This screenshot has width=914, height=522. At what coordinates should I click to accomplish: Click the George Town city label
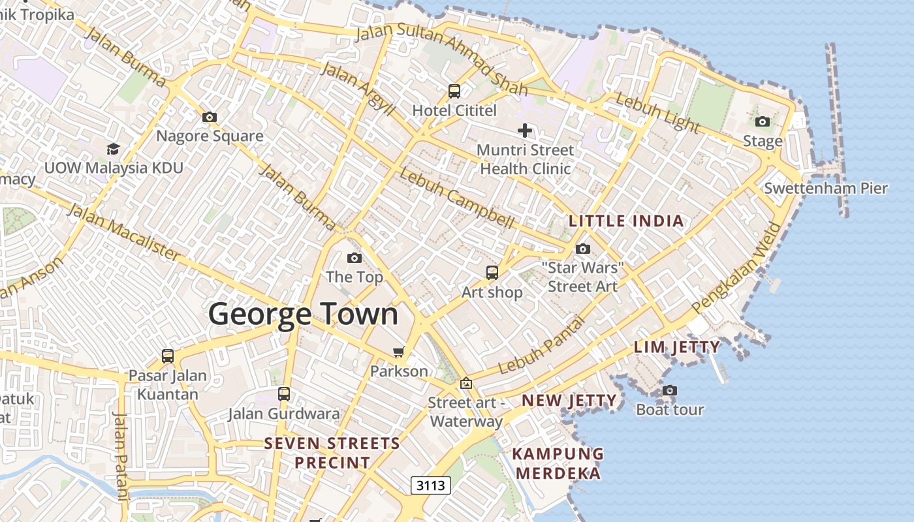pos(303,315)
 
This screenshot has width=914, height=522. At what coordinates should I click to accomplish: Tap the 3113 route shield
pos(431,485)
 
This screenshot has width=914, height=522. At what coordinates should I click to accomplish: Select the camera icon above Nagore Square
pos(209,117)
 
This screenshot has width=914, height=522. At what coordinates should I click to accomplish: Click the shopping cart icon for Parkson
pos(398,352)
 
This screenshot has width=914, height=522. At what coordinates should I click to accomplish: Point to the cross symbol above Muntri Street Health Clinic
pos(524,131)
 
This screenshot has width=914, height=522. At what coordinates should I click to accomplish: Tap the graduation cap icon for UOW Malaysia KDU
pos(113,149)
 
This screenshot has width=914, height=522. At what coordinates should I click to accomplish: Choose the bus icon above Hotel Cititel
pos(454,91)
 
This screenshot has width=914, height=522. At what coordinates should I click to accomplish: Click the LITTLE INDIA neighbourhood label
pos(626,221)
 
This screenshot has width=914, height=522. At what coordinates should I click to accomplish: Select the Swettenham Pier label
pos(826,189)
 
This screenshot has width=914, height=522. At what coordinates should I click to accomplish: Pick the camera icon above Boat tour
pos(669,391)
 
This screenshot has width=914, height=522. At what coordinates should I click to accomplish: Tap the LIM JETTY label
pos(677,347)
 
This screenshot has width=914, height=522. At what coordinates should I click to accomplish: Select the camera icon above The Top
pos(354,258)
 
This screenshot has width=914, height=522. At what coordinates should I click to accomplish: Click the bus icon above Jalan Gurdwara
pos(283,394)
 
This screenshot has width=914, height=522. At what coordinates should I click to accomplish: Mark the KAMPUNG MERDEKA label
pos(558,463)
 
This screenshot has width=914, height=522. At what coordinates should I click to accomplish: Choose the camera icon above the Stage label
pos(762,121)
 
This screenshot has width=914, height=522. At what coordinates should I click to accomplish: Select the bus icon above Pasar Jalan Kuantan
pos(168,356)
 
